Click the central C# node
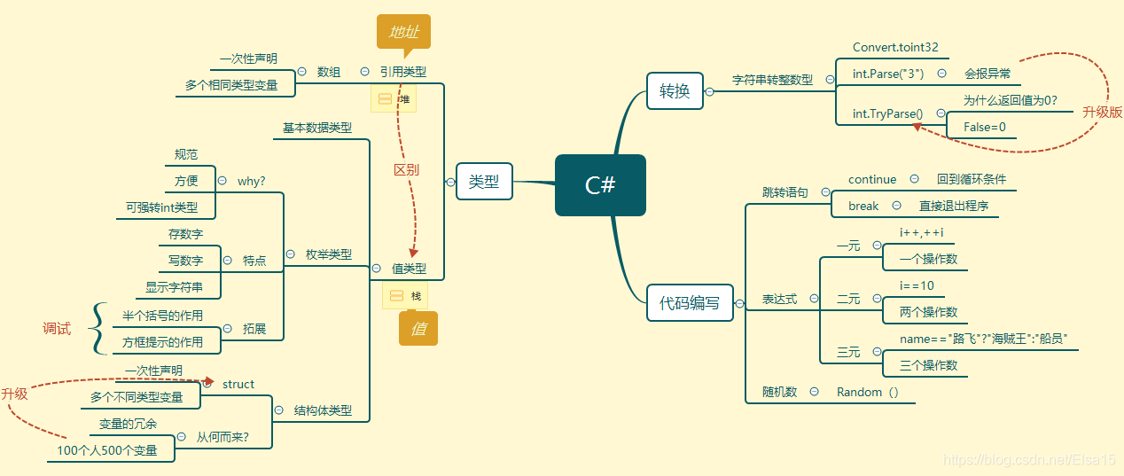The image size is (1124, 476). (x=600, y=185)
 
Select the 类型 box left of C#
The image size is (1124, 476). (x=484, y=183)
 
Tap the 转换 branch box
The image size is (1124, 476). (x=675, y=90)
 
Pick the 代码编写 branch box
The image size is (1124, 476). (x=690, y=302)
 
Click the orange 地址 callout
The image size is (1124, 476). (x=403, y=32)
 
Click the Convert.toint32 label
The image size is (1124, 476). (x=895, y=48)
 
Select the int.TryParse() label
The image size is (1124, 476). (x=887, y=113)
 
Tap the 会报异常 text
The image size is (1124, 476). (x=987, y=74)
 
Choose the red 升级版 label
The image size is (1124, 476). (x=1102, y=113)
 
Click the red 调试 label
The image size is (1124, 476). (x=57, y=329)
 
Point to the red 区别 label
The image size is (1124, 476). (x=406, y=169)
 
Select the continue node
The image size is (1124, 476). (x=872, y=179)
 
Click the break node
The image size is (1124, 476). (x=863, y=206)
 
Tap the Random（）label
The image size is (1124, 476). (x=868, y=392)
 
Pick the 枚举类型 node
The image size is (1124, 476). (x=329, y=254)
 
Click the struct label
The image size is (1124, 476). (x=238, y=384)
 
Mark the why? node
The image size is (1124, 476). (x=251, y=181)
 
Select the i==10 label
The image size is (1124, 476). (x=917, y=285)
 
